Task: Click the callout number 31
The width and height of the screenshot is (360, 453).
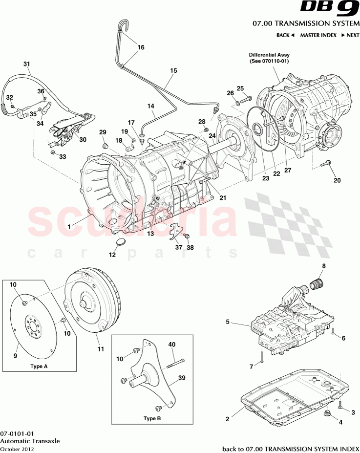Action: [27, 64]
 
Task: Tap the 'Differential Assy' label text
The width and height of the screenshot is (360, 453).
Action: [269, 55]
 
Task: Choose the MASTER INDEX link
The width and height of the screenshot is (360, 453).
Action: [318, 35]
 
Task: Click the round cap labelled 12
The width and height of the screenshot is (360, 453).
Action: [120, 242]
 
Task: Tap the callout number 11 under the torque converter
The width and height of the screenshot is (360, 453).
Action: [100, 349]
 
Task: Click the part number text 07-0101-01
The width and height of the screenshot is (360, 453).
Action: [17, 433]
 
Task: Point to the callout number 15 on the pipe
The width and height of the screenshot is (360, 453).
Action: [173, 70]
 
